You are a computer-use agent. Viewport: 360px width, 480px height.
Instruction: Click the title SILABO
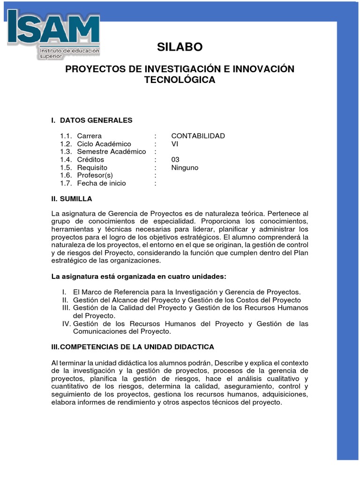(180, 47)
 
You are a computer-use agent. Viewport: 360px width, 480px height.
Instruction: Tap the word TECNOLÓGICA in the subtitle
(180, 80)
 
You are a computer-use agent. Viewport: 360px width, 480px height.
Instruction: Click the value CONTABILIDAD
(198, 136)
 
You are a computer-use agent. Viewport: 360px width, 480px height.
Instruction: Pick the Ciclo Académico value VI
(175, 144)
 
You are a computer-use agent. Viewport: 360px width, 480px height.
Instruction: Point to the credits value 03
(175, 160)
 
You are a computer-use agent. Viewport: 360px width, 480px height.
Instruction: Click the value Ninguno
(185, 168)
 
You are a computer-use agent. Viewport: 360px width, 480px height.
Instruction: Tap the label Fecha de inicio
(101, 183)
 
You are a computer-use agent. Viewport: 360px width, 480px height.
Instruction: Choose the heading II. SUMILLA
(72, 199)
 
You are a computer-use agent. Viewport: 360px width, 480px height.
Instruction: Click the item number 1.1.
(66, 136)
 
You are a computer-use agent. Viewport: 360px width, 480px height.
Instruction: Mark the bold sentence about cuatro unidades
(138, 277)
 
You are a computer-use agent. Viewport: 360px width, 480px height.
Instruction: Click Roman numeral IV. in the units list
(66, 324)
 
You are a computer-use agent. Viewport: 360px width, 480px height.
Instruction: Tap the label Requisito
(92, 168)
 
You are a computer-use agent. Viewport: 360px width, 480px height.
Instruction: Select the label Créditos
(90, 160)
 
